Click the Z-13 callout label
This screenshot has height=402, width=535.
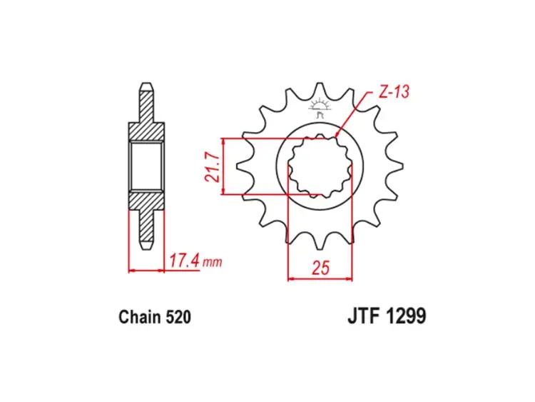(394, 92)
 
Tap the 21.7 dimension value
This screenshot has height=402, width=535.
(212, 166)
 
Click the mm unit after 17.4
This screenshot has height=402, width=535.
(213, 263)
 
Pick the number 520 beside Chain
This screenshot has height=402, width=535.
(178, 316)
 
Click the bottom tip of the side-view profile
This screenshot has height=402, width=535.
(146, 246)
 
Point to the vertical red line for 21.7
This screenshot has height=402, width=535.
(225, 166)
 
